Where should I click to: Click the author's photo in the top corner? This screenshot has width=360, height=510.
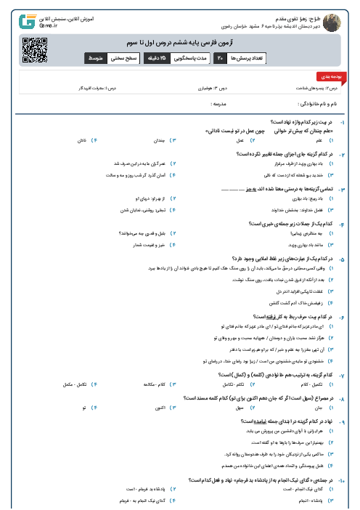[x=332, y=17]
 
